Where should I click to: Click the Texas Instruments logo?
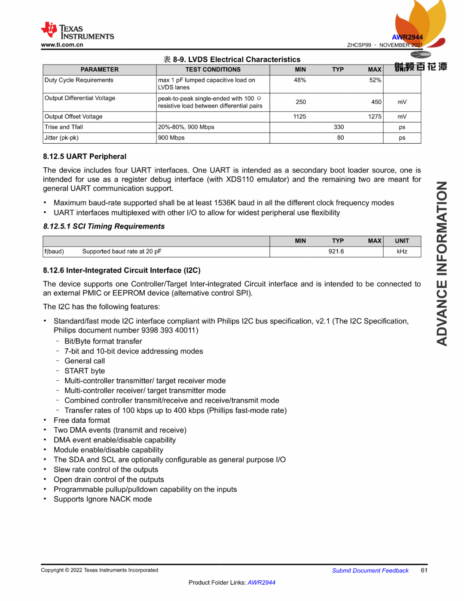point(77,31)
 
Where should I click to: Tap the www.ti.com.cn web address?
point(62,45)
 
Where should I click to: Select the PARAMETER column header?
point(99,70)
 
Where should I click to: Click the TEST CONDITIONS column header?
point(213,70)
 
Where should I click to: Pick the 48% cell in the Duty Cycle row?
point(300,80)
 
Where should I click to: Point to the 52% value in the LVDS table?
point(375,80)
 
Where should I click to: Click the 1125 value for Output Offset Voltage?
point(300,117)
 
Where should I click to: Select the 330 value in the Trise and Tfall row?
point(339,127)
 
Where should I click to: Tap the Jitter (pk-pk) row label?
point(61,138)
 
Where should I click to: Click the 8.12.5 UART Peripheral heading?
point(85,157)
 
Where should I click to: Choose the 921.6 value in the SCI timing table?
point(336,252)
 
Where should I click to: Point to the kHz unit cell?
point(402,252)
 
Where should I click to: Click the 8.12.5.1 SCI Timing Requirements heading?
point(104,226)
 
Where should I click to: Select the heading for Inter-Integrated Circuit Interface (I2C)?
point(122,271)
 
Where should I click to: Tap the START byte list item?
point(85,371)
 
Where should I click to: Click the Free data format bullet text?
point(82,420)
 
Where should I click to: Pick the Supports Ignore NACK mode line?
point(103,499)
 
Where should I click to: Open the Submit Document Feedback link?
point(370,570)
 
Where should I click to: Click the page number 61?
point(424,570)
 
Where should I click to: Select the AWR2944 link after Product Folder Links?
point(261,583)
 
